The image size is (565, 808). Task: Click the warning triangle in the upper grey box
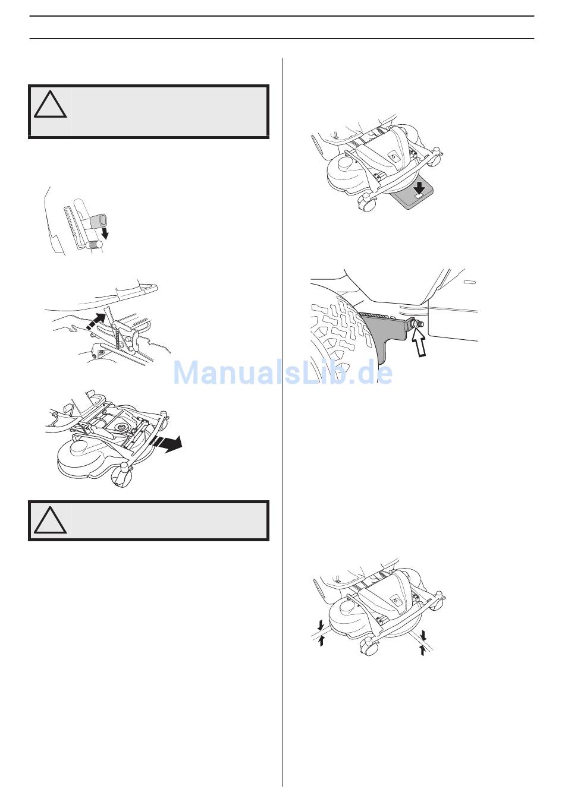click(x=50, y=105)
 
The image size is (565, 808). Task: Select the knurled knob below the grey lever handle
click(x=95, y=245)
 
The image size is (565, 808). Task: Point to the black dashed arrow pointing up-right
click(x=98, y=320)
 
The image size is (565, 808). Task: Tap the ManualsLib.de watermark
click(x=282, y=374)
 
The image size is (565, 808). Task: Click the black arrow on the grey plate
click(x=419, y=187)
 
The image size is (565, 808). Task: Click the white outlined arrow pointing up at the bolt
click(x=419, y=343)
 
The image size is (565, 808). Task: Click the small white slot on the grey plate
click(x=418, y=196)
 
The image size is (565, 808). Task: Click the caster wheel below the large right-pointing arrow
click(x=121, y=476)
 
